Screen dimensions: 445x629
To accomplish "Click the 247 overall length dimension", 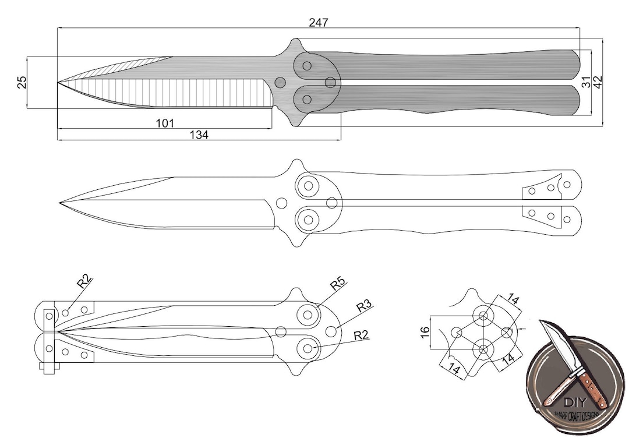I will (319, 22).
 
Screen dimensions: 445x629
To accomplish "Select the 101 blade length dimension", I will (165, 123).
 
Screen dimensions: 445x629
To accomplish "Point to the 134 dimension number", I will (199, 135).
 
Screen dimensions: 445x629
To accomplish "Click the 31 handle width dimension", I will (586, 82).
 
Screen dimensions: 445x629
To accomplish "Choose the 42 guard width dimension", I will (598, 82).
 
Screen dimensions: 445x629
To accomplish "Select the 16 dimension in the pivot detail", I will (425, 333).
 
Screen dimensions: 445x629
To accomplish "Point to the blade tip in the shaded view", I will (59, 83).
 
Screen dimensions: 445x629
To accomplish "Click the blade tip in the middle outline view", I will (61, 203).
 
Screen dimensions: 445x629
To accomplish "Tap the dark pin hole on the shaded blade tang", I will (280, 83).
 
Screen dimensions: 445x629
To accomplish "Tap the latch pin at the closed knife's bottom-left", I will (49, 367).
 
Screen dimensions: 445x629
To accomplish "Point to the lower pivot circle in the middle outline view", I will (308, 220).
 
